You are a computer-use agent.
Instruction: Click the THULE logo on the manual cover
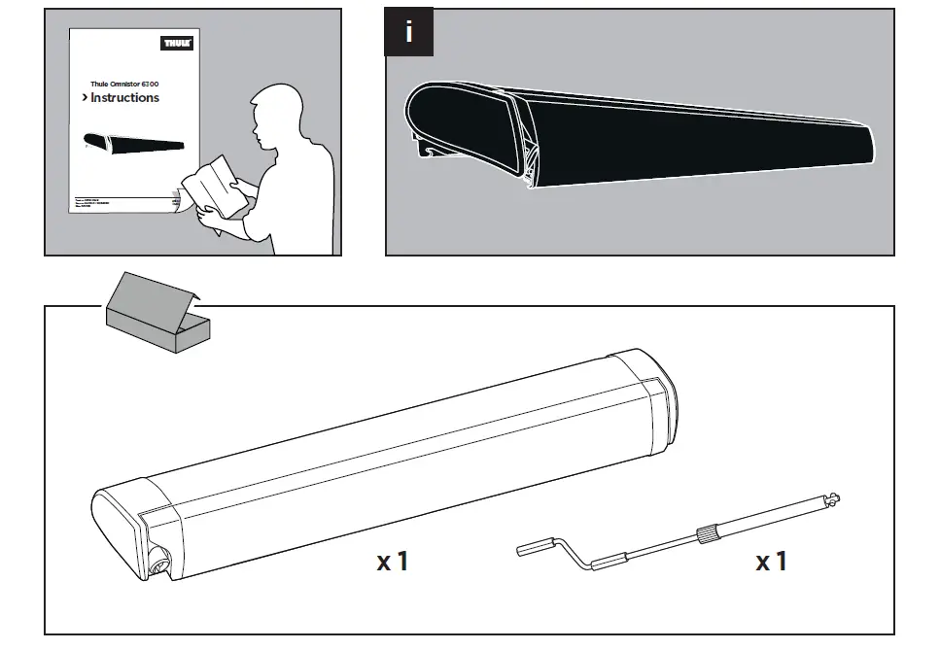(x=176, y=43)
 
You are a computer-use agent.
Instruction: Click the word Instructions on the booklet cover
(x=125, y=98)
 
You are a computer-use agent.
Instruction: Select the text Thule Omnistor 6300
(x=125, y=84)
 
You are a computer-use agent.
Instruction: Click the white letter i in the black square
(x=409, y=32)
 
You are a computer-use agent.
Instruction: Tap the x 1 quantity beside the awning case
(x=394, y=561)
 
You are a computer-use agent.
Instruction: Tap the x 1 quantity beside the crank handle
(x=771, y=561)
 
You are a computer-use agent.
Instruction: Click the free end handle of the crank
(x=533, y=550)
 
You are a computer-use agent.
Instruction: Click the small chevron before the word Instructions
(x=85, y=98)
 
